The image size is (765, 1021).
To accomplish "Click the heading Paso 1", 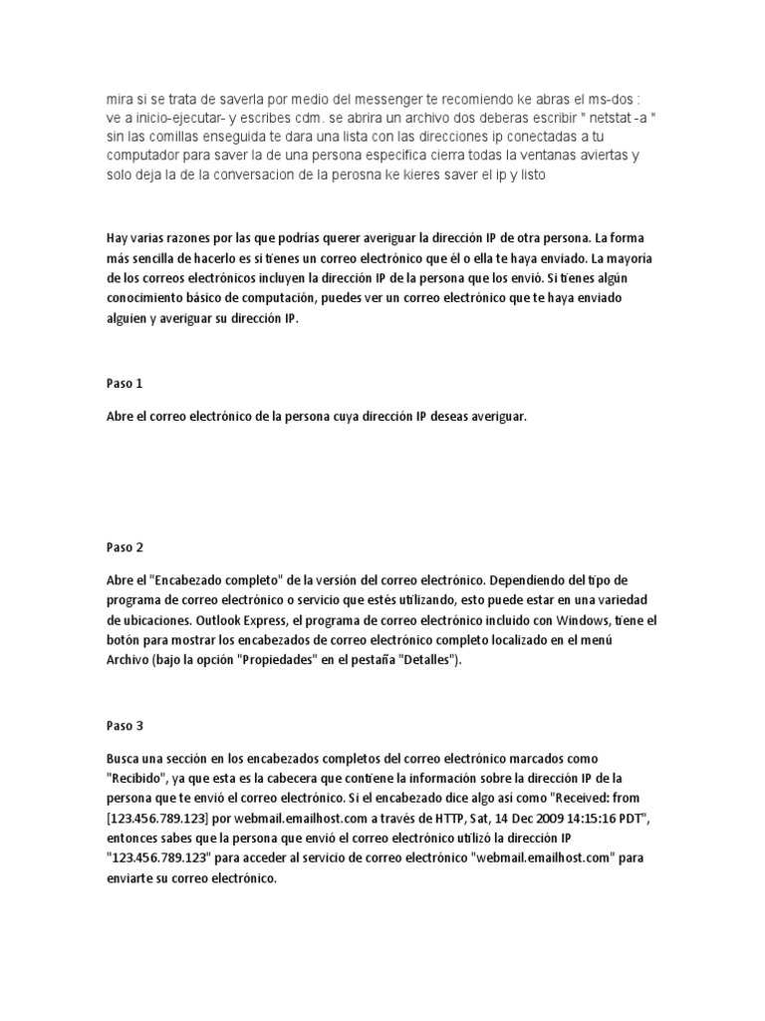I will [x=125, y=383].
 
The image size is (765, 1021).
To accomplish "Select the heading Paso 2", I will [x=125, y=546].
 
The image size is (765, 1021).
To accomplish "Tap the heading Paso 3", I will [x=125, y=727].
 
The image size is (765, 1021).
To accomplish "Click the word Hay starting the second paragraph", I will [x=118, y=238].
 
